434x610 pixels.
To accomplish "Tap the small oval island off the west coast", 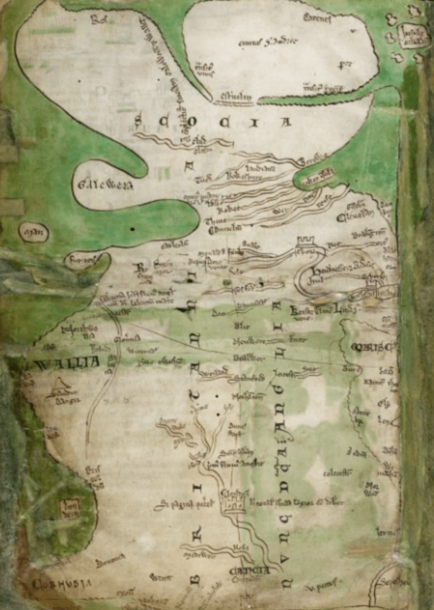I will [33, 232].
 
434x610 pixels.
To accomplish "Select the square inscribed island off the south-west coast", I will [70, 509].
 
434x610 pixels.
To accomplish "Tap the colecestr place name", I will [337, 473].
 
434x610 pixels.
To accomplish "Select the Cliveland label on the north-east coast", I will [355, 217].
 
